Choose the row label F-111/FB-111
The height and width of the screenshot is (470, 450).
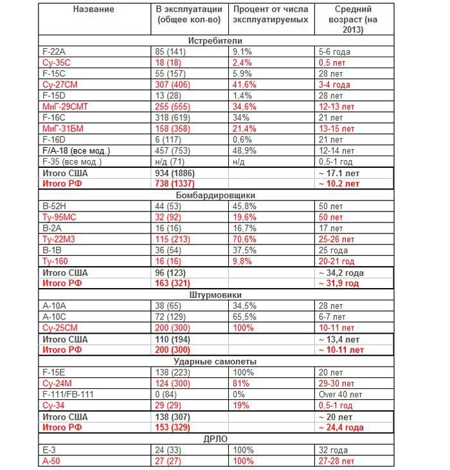67,394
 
